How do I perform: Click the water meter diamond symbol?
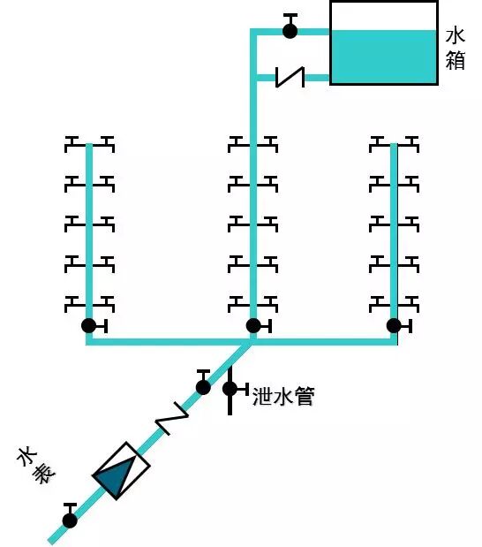pos(121,470)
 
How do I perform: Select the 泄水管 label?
pos(283,396)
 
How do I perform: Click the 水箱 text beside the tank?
pos(456,49)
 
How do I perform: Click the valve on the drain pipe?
pos(230,388)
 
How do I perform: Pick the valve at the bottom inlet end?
pos(70,519)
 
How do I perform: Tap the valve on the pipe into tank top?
pos(290,30)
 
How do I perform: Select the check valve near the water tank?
pos(290,78)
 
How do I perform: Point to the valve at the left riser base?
pos(88,325)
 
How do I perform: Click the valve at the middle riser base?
pos(253,325)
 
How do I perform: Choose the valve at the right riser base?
pos(394,325)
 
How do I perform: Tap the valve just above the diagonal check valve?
pos(203,385)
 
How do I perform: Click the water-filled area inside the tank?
pos(383,57)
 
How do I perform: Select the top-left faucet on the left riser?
pos(74,143)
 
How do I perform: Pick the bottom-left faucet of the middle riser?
pos(237,303)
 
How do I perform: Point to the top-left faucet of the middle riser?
pos(237,143)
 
